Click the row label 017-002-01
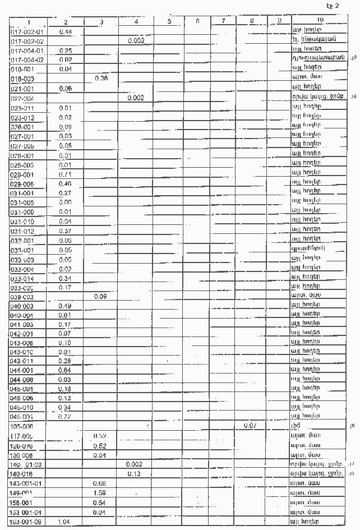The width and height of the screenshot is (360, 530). (x=27, y=31)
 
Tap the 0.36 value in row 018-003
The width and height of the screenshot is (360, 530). (x=101, y=79)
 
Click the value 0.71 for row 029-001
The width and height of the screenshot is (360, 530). (x=64, y=174)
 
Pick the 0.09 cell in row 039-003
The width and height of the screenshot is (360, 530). (x=101, y=296)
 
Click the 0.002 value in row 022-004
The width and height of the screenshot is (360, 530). (x=136, y=98)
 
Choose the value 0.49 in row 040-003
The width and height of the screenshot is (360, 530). (x=64, y=305)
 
